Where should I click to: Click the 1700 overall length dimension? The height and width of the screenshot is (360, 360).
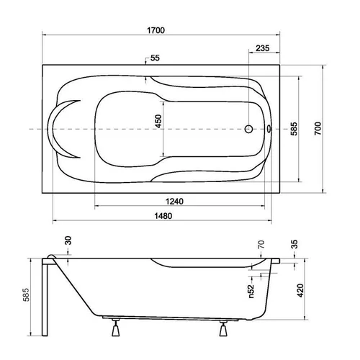(156, 30)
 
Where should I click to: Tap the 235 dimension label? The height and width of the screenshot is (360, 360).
(263, 48)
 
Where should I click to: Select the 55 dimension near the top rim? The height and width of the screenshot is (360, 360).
(155, 58)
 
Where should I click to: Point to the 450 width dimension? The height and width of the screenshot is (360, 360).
(158, 121)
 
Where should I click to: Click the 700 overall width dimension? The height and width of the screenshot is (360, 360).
(318, 128)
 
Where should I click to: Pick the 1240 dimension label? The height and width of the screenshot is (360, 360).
(174, 202)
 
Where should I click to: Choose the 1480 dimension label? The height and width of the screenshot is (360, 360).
(163, 216)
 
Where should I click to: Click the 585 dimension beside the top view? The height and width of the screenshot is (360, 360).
(294, 129)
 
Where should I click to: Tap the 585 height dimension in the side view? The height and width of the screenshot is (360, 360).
(26, 294)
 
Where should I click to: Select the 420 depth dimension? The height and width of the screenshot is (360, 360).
(300, 290)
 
